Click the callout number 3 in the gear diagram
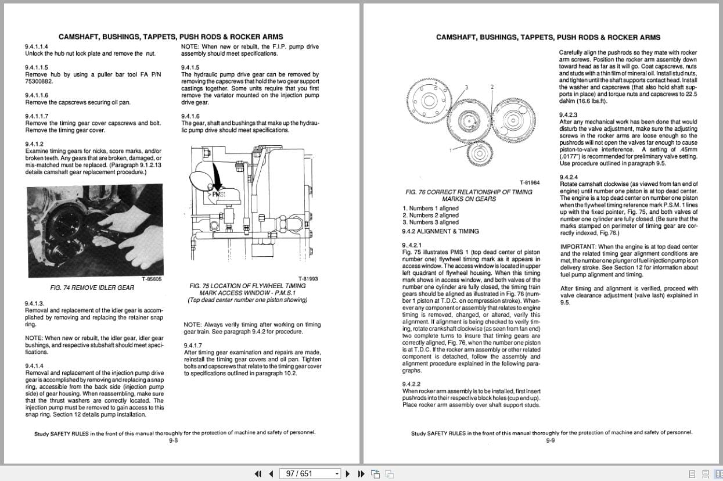[x=466, y=87]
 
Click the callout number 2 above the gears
[x=492, y=87]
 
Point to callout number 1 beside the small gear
[x=451, y=151]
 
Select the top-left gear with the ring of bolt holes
[x=429, y=99]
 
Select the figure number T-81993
[x=308, y=279]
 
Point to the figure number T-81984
[x=529, y=183]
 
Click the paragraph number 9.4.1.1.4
[x=37, y=46]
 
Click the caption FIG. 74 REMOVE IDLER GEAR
[x=92, y=288]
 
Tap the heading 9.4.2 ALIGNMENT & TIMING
[x=440, y=231]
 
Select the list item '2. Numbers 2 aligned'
[x=430, y=216]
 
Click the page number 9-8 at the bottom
[x=173, y=440]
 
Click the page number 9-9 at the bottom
[x=551, y=440]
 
